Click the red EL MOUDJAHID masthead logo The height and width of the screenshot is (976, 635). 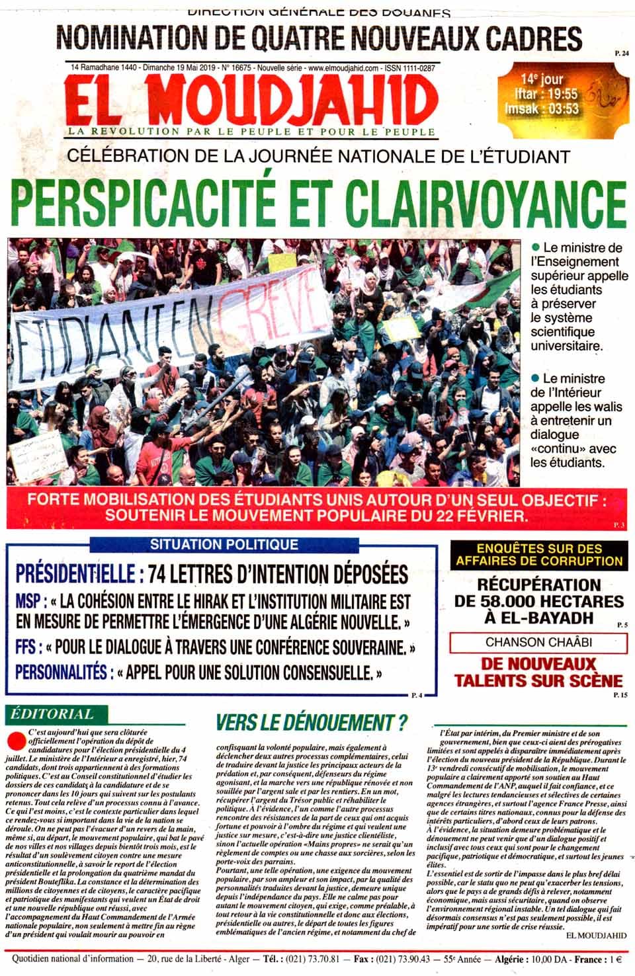click(251, 99)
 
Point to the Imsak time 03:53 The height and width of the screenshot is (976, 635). click(559, 108)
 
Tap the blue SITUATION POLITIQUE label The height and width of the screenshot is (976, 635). click(224, 545)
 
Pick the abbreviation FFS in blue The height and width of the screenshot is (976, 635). click(28, 645)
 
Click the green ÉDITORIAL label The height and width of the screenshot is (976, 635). click(51, 714)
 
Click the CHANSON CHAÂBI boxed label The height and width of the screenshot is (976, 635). click(538, 642)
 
